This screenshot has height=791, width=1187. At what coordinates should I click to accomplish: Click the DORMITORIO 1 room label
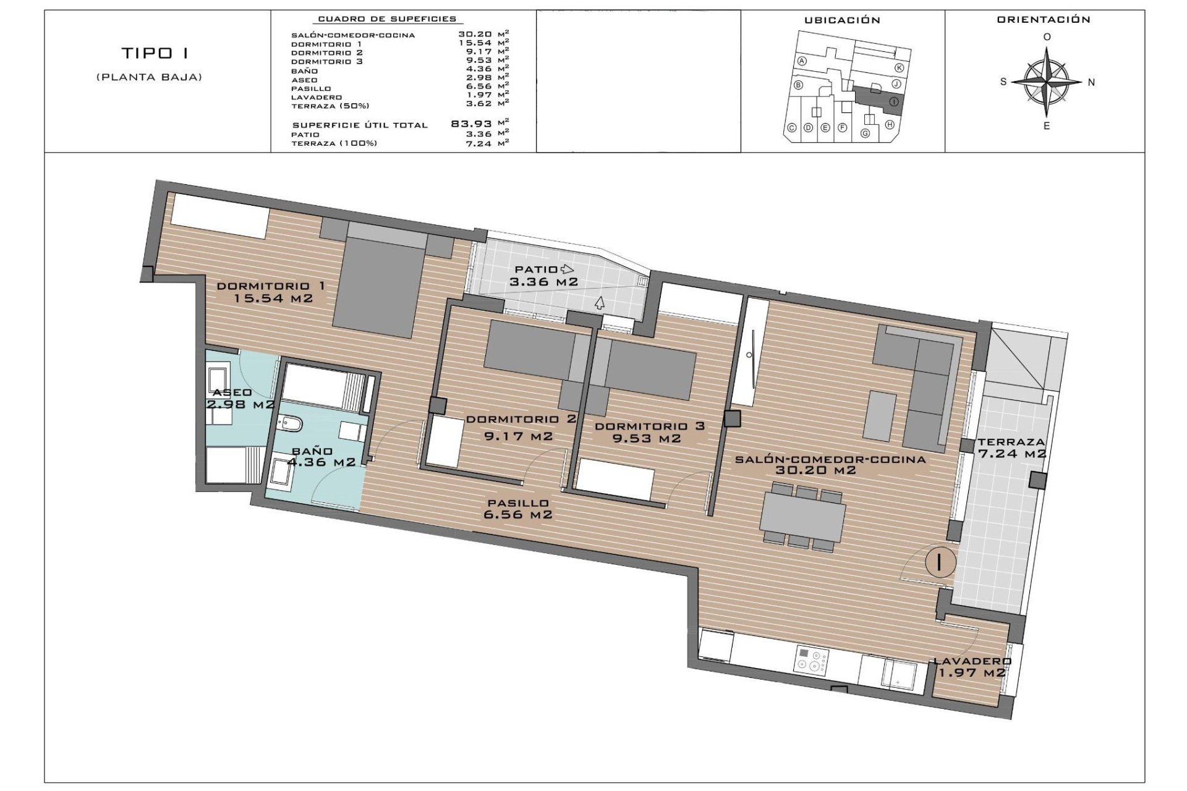[x=271, y=286]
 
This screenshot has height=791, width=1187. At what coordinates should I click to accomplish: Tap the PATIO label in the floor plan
[x=536, y=269]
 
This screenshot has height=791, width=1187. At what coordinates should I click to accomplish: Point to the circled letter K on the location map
[x=899, y=68]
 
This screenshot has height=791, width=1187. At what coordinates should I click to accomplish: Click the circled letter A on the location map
[x=802, y=61]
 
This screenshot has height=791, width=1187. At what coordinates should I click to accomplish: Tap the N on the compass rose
[x=1091, y=82]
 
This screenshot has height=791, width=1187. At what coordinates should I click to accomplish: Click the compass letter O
[x=1047, y=37]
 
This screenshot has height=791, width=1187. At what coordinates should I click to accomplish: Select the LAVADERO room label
[x=972, y=661]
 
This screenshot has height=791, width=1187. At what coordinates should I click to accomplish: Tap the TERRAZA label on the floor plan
[x=1011, y=442]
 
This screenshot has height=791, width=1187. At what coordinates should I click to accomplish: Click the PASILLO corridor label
[x=518, y=503]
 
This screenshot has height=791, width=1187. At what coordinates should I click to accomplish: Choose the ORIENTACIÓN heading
[x=1044, y=20]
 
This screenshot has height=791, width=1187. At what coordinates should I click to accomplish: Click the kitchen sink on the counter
[x=899, y=674]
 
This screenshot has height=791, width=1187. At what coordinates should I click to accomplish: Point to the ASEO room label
[x=232, y=392]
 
